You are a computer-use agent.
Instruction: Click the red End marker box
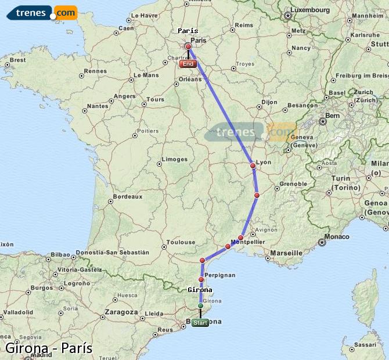click(x=188, y=64)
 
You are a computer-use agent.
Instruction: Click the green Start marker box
click(x=200, y=323)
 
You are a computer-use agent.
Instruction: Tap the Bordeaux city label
click(x=127, y=197)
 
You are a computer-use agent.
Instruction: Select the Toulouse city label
click(x=181, y=242)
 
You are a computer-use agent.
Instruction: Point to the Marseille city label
click(x=286, y=253)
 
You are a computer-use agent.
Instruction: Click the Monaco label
click(x=337, y=236)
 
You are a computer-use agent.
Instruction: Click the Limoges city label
click(x=175, y=159)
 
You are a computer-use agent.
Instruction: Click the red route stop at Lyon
click(x=253, y=166)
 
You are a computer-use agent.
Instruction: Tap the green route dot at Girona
click(x=200, y=305)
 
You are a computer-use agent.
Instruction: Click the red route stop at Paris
click(x=188, y=46)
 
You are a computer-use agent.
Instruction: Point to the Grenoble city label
click(x=293, y=183)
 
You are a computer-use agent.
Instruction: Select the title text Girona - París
click(x=49, y=348)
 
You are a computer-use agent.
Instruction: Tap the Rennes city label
click(x=96, y=71)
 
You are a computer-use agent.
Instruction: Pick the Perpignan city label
click(x=220, y=274)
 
